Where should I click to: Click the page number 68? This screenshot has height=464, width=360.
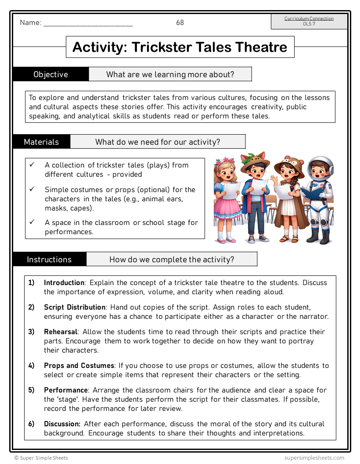click(x=180, y=23)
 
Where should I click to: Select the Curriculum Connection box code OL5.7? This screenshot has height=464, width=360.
click(x=309, y=24)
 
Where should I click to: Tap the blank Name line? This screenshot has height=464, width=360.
click(x=88, y=24)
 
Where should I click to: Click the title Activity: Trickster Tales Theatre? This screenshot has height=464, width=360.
click(x=180, y=47)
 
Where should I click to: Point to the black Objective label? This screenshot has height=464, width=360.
click(x=50, y=74)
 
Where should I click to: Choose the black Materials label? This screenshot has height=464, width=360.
click(x=41, y=142)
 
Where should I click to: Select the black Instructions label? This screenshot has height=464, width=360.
click(x=49, y=259)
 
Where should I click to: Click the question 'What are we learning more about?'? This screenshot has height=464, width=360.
click(x=170, y=74)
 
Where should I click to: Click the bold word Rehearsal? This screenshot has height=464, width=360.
click(x=61, y=332)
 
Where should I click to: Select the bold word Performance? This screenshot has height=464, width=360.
click(x=66, y=390)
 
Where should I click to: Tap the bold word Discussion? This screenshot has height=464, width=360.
click(x=62, y=424)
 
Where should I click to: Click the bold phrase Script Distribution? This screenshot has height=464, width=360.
click(x=75, y=307)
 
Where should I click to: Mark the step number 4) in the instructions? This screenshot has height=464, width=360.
click(x=32, y=365)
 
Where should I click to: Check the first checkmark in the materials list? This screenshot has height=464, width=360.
click(x=32, y=165)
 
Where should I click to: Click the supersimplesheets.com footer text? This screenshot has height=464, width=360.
click(x=314, y=458)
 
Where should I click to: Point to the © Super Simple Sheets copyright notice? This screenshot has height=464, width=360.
click(x=41, y=458)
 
